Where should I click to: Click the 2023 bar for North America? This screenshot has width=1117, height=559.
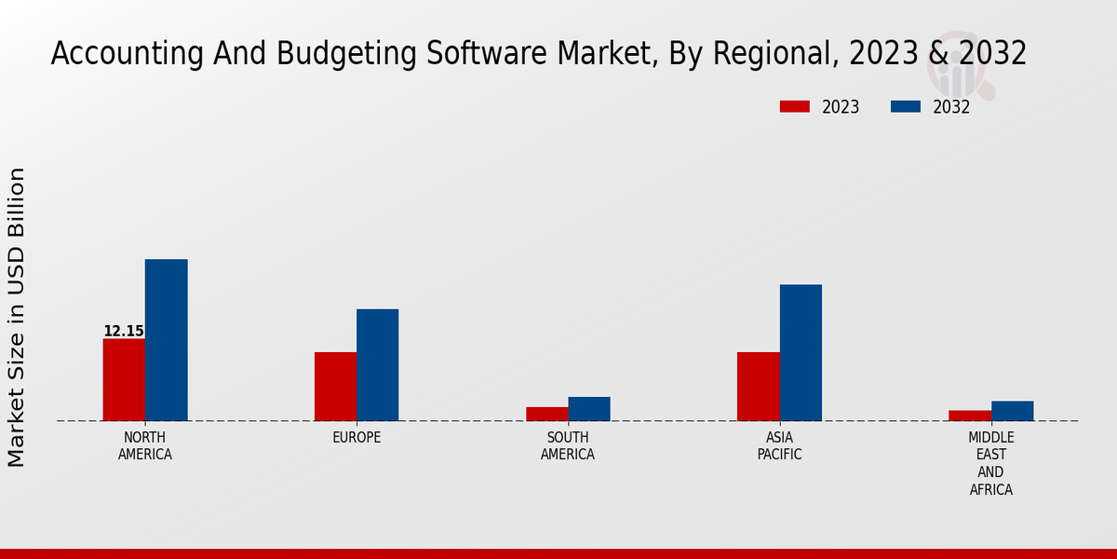click(x=124, y=379)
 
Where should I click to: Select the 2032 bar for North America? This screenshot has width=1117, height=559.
click(x=166, y=340)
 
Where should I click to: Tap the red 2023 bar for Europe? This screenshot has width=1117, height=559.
click(x=335, y=386)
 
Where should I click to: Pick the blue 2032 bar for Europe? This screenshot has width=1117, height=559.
click(x=377, y=364)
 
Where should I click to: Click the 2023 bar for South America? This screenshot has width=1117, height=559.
click(x=546, y=414)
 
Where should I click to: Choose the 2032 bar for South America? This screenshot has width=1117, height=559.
click(x=589, y=409)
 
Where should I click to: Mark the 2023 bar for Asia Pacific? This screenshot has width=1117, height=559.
click(x=758, y=386)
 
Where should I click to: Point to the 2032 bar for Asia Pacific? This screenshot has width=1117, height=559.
click(x=801, y=352)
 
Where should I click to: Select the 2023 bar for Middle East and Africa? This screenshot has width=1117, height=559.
click(x=970, y=416)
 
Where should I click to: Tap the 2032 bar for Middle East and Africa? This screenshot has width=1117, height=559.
click(x=1012, y=411)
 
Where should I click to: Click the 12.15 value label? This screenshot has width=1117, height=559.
click(x=124, y=331)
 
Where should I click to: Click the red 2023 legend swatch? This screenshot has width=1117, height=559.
click(x=794, y=106)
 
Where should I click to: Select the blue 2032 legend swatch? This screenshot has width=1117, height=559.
click(x=906, y=106)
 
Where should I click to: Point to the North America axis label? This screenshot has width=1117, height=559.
click(x=144, y=446)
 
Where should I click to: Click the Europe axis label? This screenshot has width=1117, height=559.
click(x=357, y=438)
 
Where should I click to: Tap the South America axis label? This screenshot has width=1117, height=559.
click(x=568, y=446)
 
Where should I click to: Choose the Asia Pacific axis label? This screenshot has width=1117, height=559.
click(x=779, y=446)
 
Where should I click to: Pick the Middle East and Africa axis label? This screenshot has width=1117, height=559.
click(x=990, y=463)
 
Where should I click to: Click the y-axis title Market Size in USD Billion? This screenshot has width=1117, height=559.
click(x=17, y=317)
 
